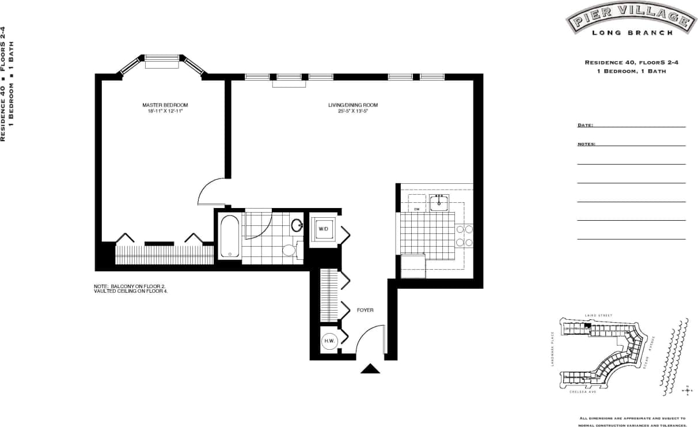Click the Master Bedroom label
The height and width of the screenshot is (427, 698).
click(165, 105)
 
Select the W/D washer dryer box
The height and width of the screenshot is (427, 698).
click(323, 230)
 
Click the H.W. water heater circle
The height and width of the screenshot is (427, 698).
click(329, 341)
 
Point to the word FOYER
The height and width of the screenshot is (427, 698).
click(365, 310)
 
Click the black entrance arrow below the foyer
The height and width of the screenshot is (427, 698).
click(370, 369)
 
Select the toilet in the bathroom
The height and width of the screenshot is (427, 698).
click(289, 250)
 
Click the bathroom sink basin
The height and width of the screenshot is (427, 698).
click(297, 225)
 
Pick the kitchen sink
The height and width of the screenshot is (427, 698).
click(439, 203)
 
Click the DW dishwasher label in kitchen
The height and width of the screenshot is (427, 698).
click(415, 209)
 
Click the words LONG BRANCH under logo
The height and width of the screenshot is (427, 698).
click(632, 33)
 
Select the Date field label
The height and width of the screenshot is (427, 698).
click(585, 125)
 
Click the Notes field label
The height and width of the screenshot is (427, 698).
click(586, 144)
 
